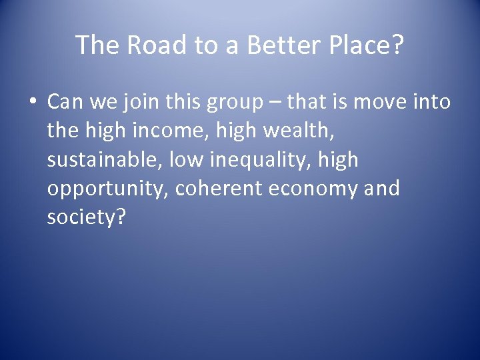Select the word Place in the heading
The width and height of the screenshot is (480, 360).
(359, 45)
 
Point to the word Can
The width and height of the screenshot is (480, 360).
(64, 102)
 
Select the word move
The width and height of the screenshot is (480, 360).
(382, 102)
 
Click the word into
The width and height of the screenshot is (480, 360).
(433, 102)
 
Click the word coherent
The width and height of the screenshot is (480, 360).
(219, 189)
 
